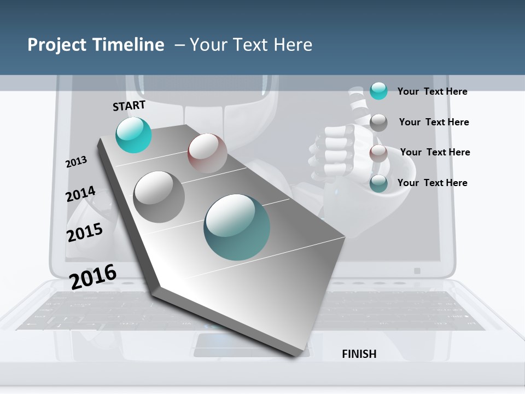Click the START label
point(129,106)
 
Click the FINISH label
point(359,354)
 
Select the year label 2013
point(76,162)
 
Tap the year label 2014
point(80,194)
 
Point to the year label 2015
point(84,232)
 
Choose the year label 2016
point(92,277)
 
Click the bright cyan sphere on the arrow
point(133,135)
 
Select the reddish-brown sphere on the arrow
point(207,153)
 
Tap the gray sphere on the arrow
point(159,196)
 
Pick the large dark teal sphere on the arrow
point(237,227)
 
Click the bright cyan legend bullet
point(378,91)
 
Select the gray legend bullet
point(378,122)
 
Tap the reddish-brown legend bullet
point(378,153)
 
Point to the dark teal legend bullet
point(378,183)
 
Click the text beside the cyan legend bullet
point(432,91)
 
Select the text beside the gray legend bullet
point(434,122)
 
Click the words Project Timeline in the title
point(96,45)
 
